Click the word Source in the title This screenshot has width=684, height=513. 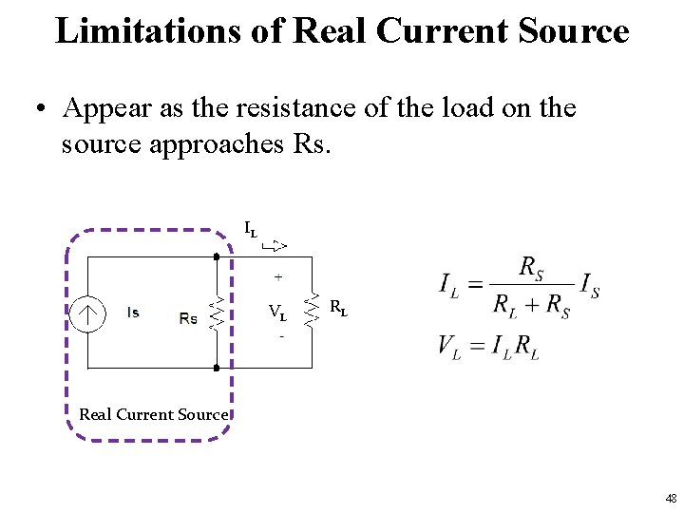point(581,30)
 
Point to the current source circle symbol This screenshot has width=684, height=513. point(89,313)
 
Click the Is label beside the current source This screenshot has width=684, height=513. point(132,313)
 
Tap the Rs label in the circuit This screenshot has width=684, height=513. point(188,318)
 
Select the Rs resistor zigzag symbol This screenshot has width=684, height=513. point(217,312)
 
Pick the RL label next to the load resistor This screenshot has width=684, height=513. point(337,307)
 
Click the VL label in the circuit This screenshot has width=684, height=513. point(278,312)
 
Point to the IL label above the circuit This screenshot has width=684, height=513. point(251,229)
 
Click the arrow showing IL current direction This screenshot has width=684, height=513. point(275,246)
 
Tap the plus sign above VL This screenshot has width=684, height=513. point(278,277)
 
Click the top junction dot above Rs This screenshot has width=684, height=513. point(217,256)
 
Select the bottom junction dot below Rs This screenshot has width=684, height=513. point(217,367)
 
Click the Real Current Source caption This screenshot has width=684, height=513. point(153,414)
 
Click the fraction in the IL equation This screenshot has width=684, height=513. point(531,285)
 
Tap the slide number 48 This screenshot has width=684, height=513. point(672,498)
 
